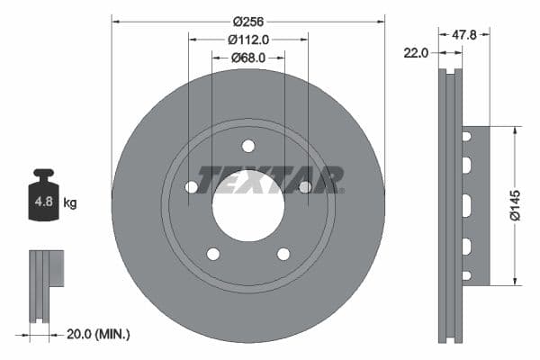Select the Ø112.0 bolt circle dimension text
coord(248,40)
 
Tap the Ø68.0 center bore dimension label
coord(248,58)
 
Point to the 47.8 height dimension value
coord(463,34)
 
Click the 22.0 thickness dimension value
coord(416,53)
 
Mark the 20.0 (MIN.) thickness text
coord(98,334)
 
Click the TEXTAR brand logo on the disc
coord(270,179)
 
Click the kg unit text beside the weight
coord(70,203)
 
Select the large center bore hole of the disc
coord(248,205)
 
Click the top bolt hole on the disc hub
coord(248,147)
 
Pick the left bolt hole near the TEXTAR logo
coord(192,187)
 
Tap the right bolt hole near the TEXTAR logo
coord(305,187)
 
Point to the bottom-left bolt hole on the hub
coord(213,254)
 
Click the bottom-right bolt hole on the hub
coord(283,254)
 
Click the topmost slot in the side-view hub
coord(466,137)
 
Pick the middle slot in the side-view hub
coord(466,205)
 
